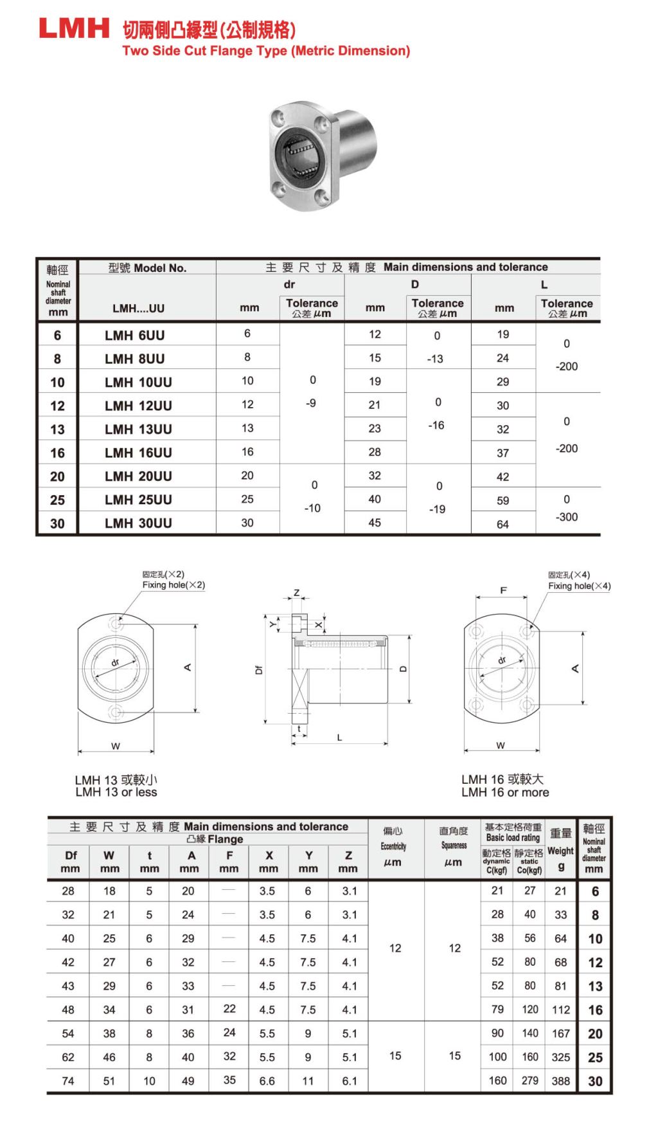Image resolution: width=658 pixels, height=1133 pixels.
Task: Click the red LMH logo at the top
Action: tap(74, 28)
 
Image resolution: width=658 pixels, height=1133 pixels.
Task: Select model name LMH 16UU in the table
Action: tap(138, 453)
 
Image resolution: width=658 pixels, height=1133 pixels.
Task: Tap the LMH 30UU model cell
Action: tap(138, 523)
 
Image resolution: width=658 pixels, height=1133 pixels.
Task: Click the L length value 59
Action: tap(502, 500)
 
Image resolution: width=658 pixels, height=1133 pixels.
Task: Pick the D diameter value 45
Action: tap(375, 523)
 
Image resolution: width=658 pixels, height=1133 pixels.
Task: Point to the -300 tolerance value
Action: tap(567, 517)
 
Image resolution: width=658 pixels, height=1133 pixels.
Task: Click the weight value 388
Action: tap(560, 1081)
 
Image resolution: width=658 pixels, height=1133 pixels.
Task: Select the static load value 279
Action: tap(529, 1080)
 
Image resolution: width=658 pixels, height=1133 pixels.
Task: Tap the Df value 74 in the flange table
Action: tap(68, 1081)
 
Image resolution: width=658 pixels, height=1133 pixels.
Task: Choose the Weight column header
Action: tap(560, 851)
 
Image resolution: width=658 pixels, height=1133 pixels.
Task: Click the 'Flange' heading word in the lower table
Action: tap(225, 839)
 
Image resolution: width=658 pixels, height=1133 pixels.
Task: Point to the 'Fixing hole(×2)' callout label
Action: tap(173, 585)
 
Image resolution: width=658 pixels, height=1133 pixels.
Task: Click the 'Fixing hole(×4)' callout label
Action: tap(579, 586)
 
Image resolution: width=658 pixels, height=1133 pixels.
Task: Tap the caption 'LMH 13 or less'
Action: tap(116, 792)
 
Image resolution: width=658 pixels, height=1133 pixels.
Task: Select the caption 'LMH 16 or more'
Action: tap(505, 792)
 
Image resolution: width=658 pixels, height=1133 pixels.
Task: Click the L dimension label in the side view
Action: tap(339, 738)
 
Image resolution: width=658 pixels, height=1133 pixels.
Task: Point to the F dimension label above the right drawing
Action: tap(503, 590)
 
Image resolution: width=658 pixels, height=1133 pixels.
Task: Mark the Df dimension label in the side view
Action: tap(259, 669)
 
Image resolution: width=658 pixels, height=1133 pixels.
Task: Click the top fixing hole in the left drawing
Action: tap(116, 624)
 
